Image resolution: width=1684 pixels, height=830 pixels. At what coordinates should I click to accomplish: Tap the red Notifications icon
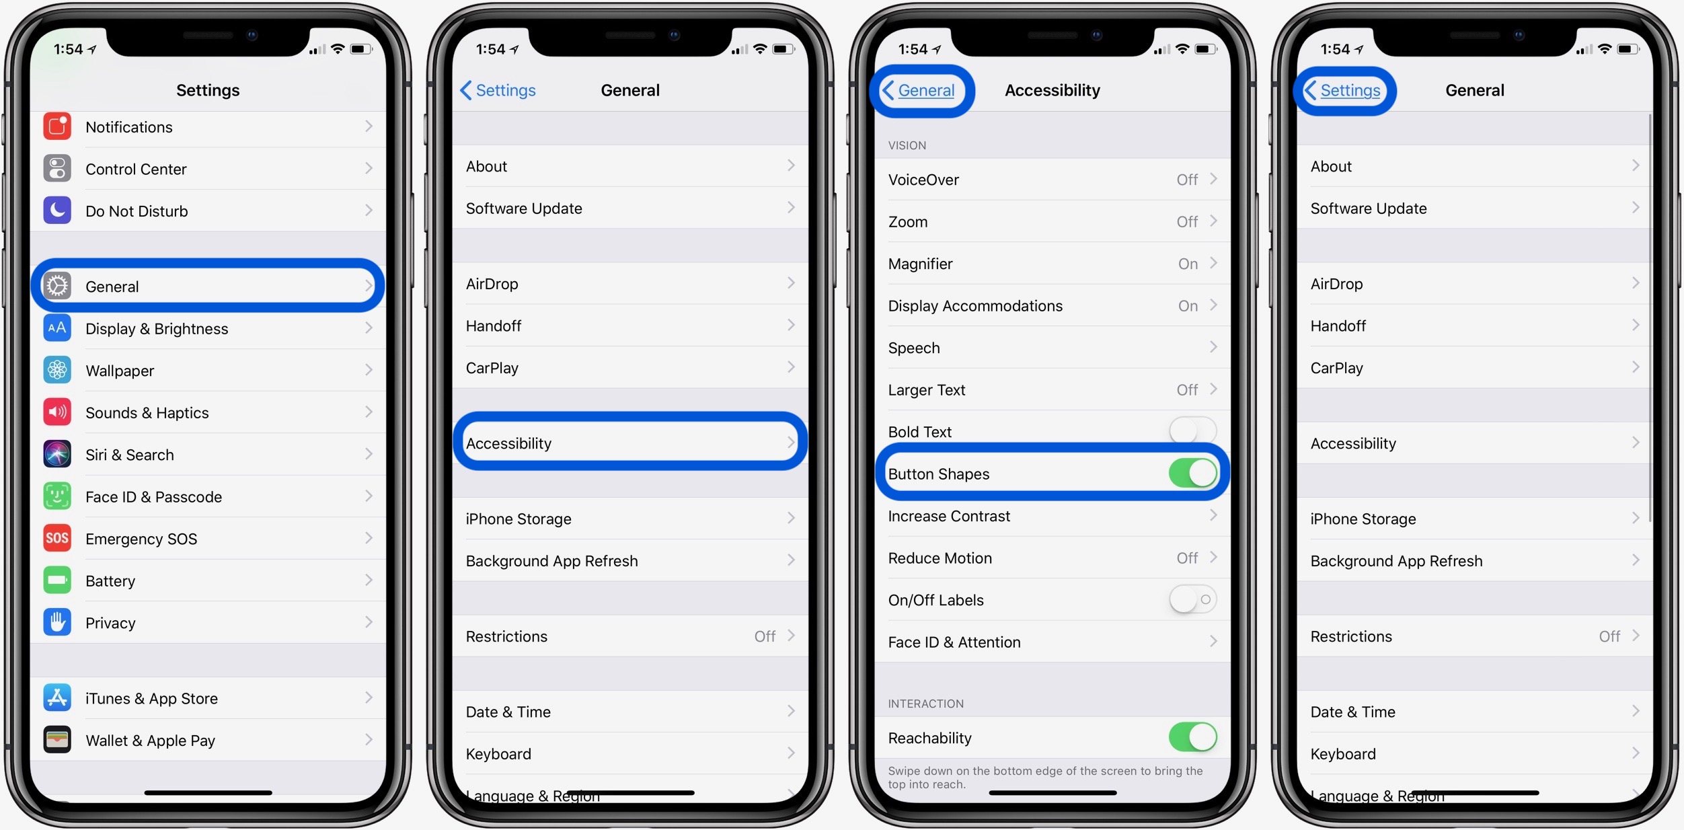57,126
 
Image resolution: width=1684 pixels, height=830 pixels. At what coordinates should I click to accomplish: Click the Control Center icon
57,169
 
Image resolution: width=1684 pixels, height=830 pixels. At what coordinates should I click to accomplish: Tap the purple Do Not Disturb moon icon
57,211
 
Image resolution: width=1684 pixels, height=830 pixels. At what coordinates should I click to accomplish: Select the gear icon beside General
57,287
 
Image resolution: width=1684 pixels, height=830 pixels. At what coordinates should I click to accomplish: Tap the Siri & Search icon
57,455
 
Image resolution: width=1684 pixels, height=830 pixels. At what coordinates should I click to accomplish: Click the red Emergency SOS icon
57,538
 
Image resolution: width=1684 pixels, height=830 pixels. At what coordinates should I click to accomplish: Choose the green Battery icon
57,580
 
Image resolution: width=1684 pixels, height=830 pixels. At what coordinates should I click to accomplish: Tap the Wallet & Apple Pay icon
57,740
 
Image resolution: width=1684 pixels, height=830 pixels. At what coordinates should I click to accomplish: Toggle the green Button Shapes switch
1192,473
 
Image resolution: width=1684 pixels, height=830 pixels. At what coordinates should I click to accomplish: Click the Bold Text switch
1192,431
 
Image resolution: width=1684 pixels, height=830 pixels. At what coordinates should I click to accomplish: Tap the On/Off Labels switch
1192,599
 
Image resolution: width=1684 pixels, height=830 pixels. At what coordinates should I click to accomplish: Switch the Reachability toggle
1192,737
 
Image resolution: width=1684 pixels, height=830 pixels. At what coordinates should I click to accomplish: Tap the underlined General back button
925,91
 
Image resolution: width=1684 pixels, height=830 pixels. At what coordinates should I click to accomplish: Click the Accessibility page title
1052,91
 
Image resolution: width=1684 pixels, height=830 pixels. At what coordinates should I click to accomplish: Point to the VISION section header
907,145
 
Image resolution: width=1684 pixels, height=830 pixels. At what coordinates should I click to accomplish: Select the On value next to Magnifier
1188,264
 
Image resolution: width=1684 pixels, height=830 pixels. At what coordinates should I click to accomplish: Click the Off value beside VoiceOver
1187,180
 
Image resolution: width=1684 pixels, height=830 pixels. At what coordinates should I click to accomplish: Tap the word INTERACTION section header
925,704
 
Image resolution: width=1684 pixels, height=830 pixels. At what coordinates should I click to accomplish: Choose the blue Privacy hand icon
57,622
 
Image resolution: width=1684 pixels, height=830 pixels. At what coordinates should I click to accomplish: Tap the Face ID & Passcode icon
57,496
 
